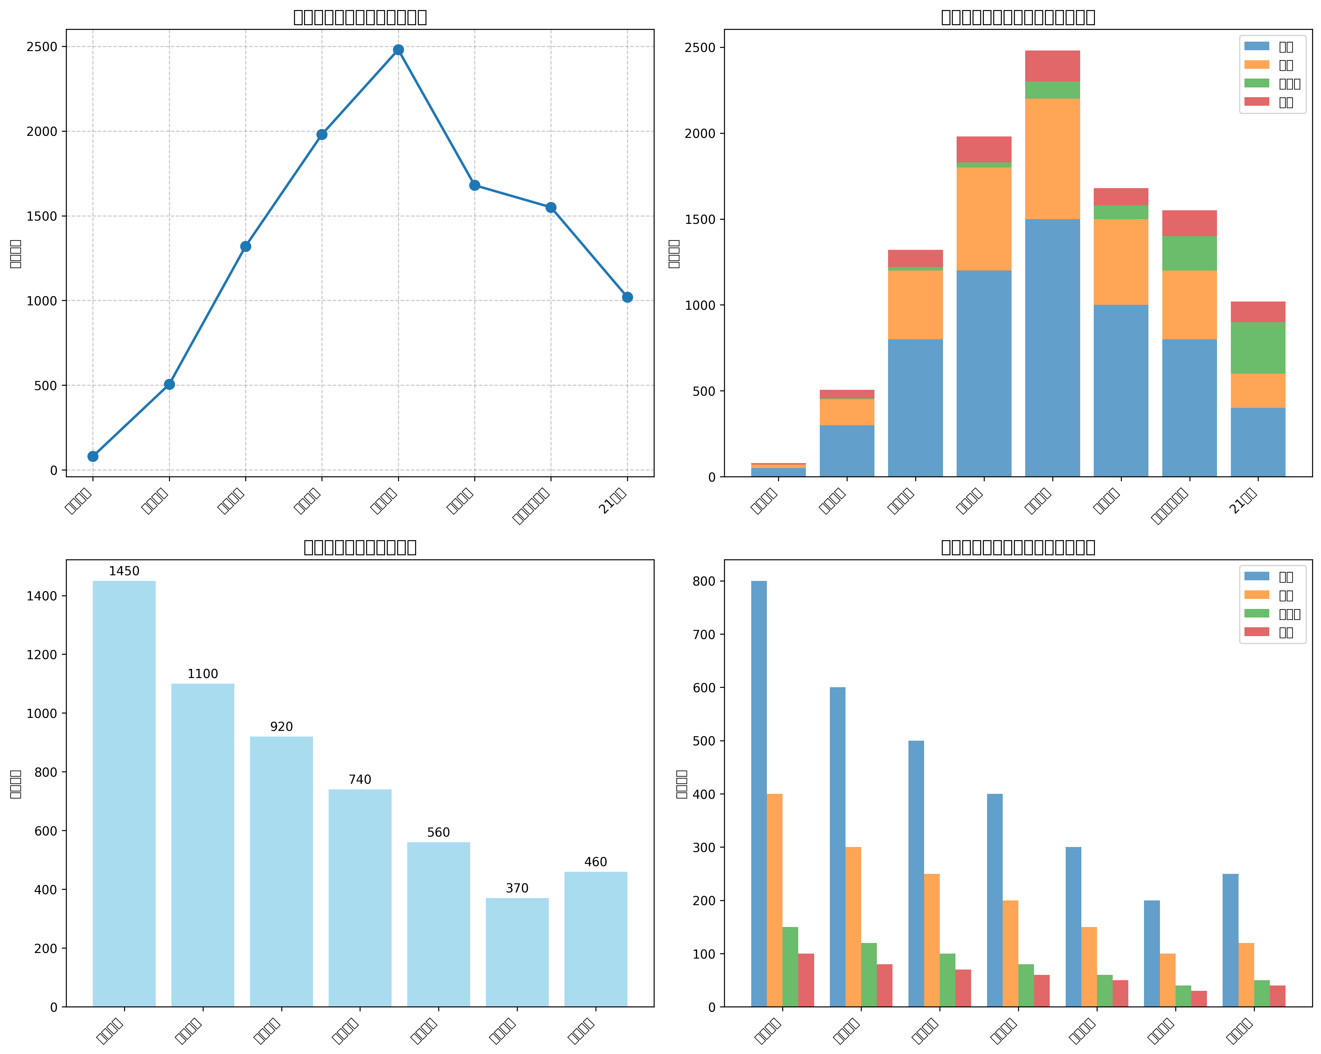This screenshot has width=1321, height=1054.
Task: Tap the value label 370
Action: tap(517, 888)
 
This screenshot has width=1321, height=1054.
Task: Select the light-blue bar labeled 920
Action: tap(281, 870)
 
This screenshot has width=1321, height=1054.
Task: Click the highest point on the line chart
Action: tap(398, 50)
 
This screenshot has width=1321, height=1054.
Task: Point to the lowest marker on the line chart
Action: tap(93, 456)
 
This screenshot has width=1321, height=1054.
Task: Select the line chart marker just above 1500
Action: tap(551, 208)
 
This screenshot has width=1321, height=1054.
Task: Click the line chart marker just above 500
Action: tap(170, 384)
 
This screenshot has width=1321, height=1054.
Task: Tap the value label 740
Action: tap(360, 780)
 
